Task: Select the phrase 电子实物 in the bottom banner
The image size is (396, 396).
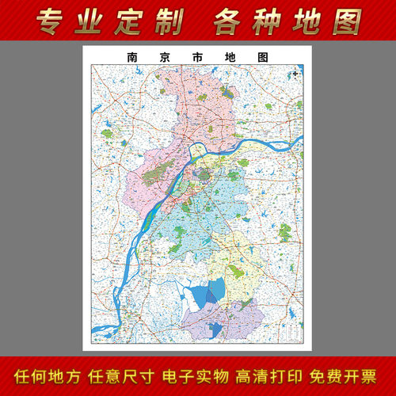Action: click(198, 375)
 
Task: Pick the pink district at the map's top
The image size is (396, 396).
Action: click(198, 103)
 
